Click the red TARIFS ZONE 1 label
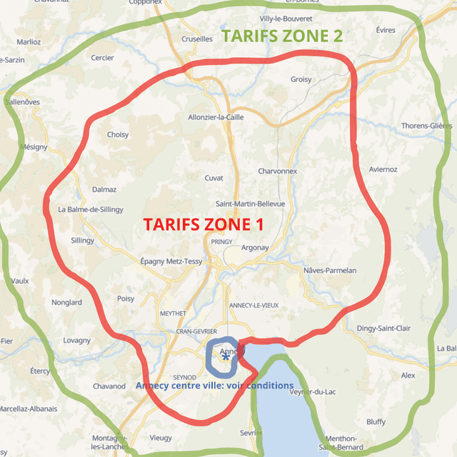tap(204, 224)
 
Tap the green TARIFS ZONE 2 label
tap(281, 36)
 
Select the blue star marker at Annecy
tap(226, 357)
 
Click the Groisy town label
tap(301, 79)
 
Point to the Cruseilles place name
tap(198, 39)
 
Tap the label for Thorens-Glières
tap(426, 126)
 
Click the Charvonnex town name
tap(277, 171)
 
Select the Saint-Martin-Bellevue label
tap(255, 204)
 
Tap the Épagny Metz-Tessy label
tap(171, 261)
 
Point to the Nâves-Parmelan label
tap(330, 271)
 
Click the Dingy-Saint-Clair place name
tap(383, 328)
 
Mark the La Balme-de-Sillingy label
tap(91, 209)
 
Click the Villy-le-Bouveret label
tap(286, 18)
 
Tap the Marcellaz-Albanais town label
tap(29, 408)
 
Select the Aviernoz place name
tap(383, 169)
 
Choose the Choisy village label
tap(118, 134)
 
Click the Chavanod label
tap(109, 386)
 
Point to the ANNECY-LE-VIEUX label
tap(254, 306)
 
